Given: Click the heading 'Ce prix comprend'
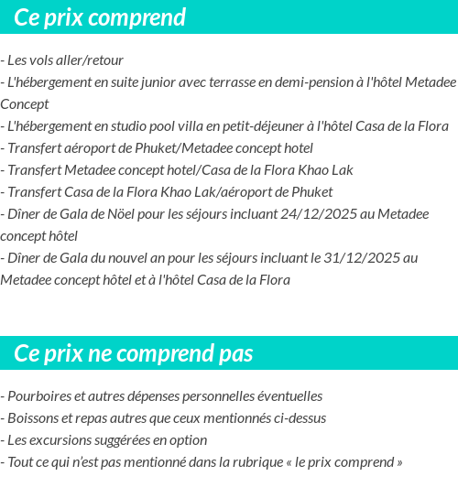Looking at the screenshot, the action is pos(100,17).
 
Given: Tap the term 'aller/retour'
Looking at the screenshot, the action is pos(90,60).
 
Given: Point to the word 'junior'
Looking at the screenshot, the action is pos(143,82).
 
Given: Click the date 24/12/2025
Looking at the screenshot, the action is pos(317,214).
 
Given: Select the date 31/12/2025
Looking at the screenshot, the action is pos(355,258).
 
